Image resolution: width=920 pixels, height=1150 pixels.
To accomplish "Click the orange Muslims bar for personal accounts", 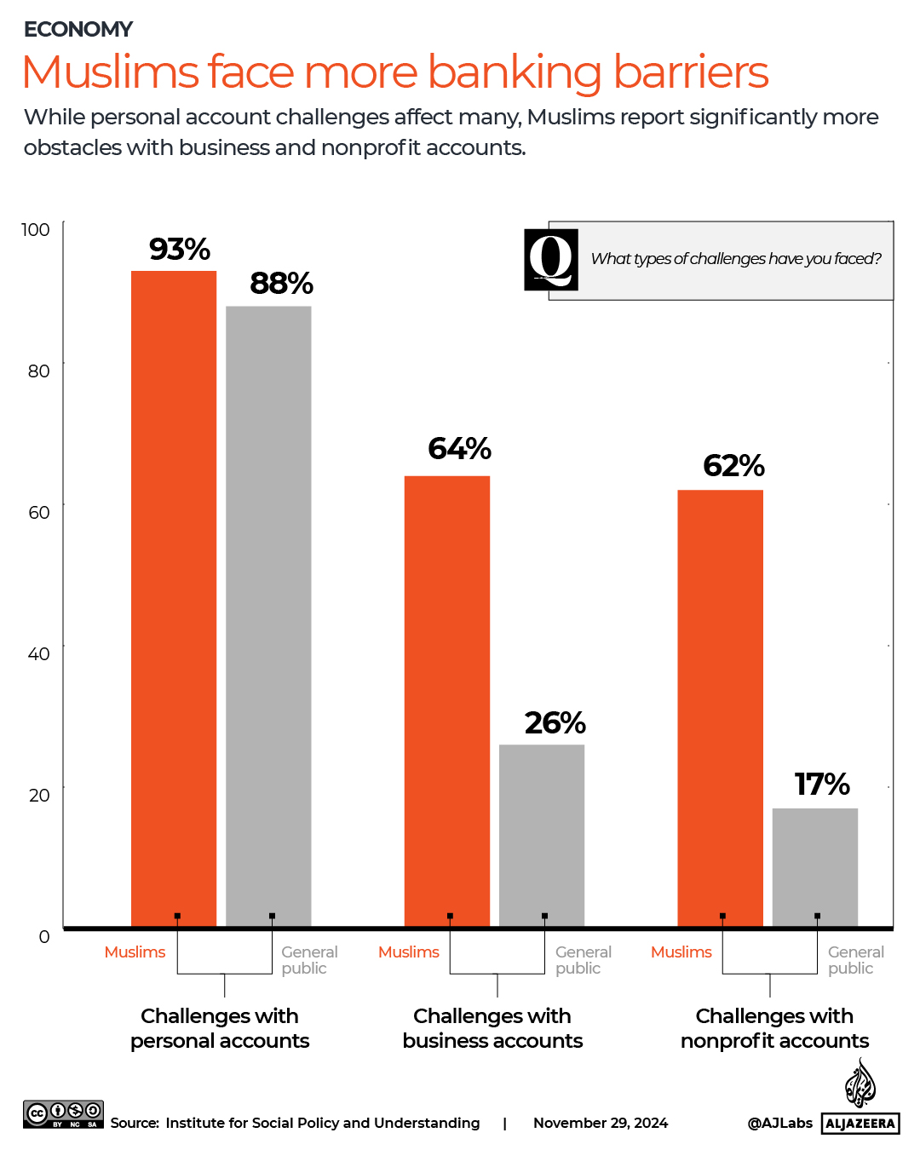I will pyautogui.click(x=174, y=596).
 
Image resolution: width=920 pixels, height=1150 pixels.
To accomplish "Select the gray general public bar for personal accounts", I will pyautogui.click(x=268, y=613).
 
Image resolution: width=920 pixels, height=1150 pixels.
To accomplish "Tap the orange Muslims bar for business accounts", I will pyautogui.click(x=447, y=699).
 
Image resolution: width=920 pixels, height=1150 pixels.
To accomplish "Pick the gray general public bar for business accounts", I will pyautogui.click(x=542, y=835).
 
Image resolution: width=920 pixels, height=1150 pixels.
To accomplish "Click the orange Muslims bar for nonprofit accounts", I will pyautogui.click(x=721, y=707).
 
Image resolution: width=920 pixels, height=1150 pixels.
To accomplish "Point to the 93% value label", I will pyautogui.click(x=180, y=250).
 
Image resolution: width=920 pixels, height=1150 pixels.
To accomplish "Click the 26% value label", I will pyautogui.click(x=555, y=723).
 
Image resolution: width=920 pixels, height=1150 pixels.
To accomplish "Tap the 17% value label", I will pyautogui.click(x=822, y=785).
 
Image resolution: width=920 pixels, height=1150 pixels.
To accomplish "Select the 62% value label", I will pyautogui.click(x=733, y=466).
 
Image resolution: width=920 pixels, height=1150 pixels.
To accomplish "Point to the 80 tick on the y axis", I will pyautogui.click(x=39, y=371).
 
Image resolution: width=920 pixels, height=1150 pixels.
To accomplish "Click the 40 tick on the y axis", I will pyautogui.click(x=39, y=653).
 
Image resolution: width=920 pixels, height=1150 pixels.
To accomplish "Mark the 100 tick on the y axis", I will pyautogui.click(x=36, y=229).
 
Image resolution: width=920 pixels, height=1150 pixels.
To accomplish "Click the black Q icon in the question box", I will pyautogui.click(x=551, y=260).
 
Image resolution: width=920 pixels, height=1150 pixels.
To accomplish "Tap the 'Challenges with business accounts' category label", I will pyautogui.click(x=492, y=1028).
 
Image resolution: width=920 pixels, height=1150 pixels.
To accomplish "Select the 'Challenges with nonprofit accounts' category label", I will pyautogui.click(x=774, y=1028).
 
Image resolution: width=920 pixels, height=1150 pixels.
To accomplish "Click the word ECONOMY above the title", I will pyautogui.click(x=78, y=30).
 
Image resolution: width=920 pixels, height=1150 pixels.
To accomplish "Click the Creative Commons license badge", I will pyautogui.click(x=63, y=1114).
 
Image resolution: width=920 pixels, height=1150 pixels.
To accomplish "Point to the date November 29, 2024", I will pyautogui.click(x=601, y=1123).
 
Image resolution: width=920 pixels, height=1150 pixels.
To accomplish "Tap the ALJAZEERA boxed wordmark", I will pyautogui.click(x=860, y=1124).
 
